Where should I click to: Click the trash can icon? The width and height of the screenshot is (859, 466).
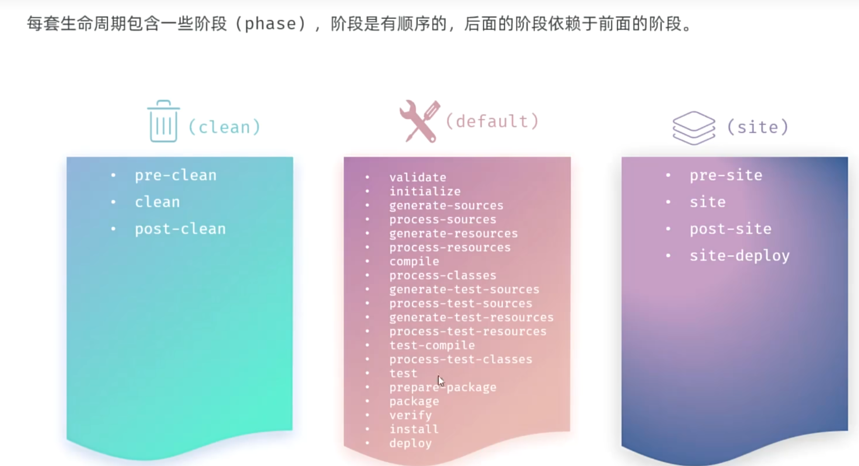[163, 122]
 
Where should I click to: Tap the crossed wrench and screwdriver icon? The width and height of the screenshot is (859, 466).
[420, 121]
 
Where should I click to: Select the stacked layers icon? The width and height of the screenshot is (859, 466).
[693, 128]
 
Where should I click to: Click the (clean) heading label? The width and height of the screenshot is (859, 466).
[224, 127]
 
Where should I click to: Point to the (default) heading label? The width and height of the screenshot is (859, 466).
[492, 121]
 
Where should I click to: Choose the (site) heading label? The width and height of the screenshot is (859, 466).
[758, 127]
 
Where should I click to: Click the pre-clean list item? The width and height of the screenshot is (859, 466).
[175, 175]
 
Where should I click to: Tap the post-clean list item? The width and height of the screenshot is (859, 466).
[180, 229]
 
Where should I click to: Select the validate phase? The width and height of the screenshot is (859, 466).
[417, 177]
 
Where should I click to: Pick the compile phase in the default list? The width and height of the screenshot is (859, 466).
[414, 261]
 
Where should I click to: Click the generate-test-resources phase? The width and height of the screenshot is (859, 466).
[471, 317]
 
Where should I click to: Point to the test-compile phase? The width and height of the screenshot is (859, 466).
[432, 345]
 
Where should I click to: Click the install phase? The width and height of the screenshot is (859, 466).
[414, 429]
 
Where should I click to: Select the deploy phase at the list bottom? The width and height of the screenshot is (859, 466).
[411, 443]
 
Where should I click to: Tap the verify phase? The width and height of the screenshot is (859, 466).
[411, 415]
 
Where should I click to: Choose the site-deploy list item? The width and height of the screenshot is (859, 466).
[739, 255]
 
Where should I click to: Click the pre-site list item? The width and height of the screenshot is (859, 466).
[726, 175]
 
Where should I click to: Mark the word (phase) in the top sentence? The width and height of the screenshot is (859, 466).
[270, 24]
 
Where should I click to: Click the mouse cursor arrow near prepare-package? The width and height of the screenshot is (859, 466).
[441, 380]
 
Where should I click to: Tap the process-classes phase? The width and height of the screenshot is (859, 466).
[443, 275]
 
